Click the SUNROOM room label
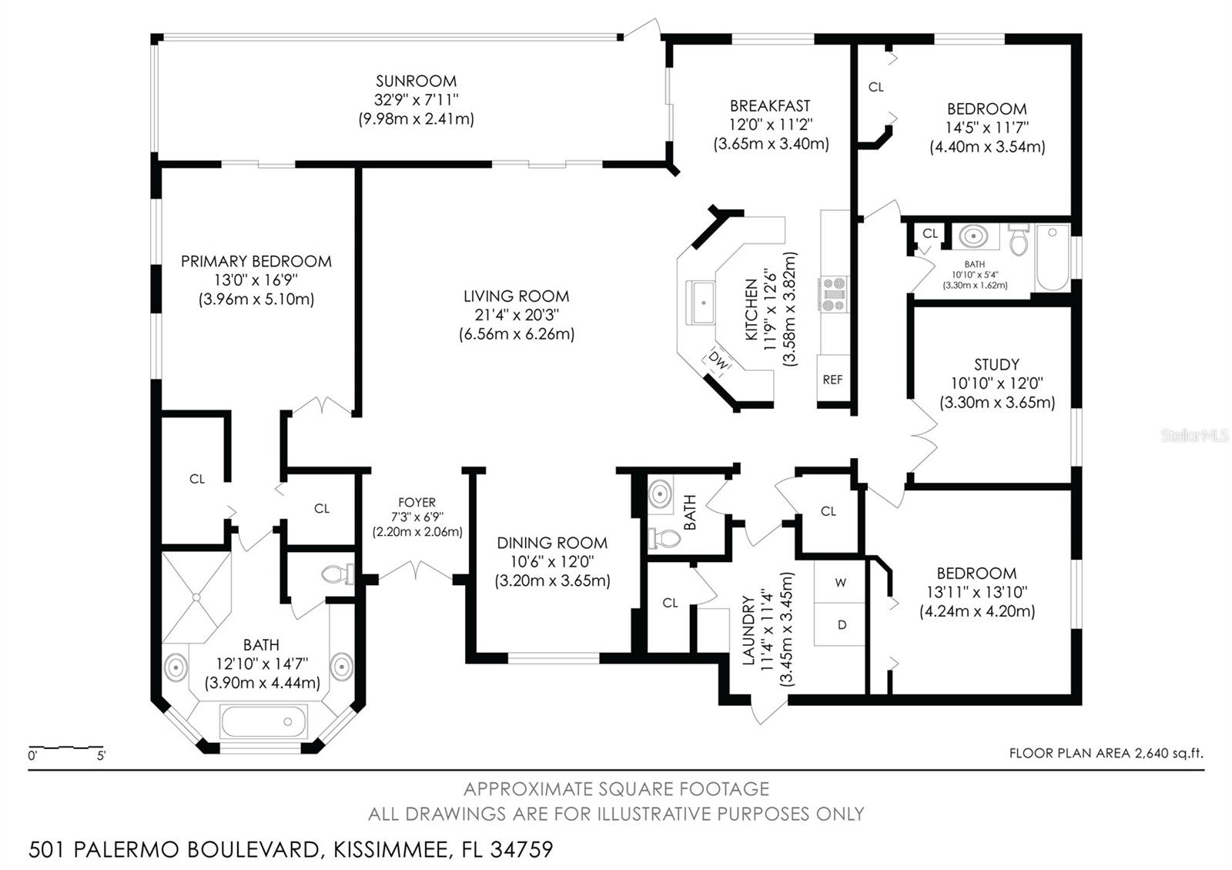point(416,81)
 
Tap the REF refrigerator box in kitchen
point(832,380)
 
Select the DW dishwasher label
point(718,359)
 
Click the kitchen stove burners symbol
point(833,294)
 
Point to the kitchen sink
point(701,303)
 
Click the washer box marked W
point(840,583)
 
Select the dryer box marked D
point(841,624)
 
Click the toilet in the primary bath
point(336,574)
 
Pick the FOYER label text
point(417,502)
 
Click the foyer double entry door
point(417,572)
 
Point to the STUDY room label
point(996,364)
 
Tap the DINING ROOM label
point(552,543)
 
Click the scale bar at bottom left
point(66,748)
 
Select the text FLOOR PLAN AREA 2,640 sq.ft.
point(1106,753)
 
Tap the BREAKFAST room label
point(770,105)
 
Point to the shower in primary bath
point(196,597)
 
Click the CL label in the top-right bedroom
point(875,87)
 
